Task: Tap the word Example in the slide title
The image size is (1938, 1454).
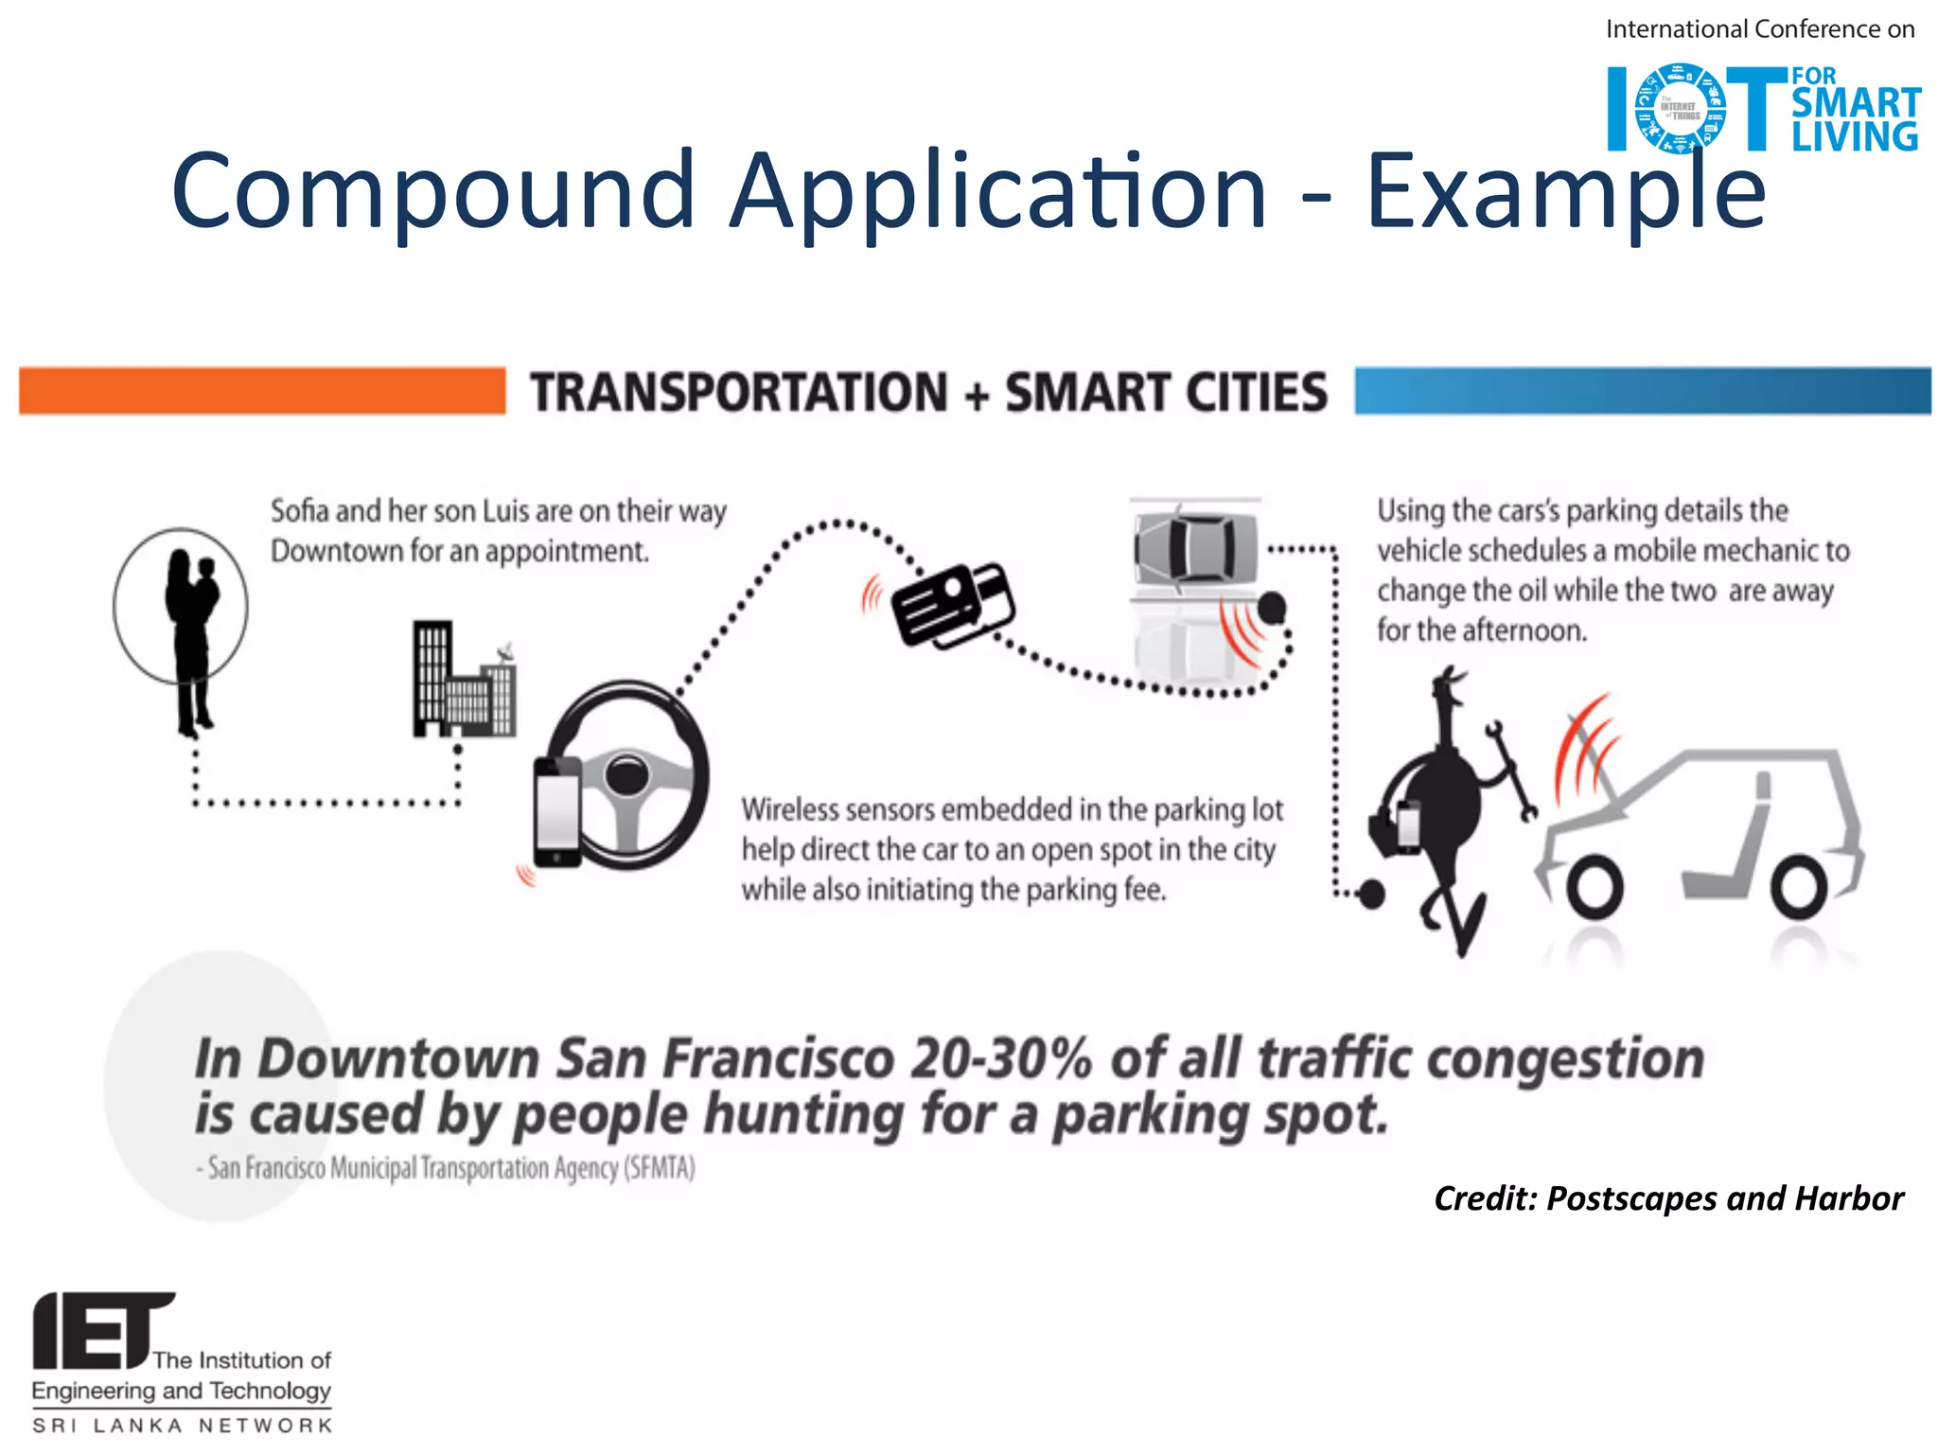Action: [x=1565, y=192]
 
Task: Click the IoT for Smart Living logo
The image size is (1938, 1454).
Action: [x=1763, y=108]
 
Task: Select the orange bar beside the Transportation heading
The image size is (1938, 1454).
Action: [x=262, y=391]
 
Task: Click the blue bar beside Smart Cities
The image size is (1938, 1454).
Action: [x=1642, y=391]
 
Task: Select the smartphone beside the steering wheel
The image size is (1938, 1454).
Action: [x=557, y=812]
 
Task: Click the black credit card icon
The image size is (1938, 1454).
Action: [x=952, y=606]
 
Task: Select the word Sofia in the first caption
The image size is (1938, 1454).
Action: [x=300, y=511]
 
